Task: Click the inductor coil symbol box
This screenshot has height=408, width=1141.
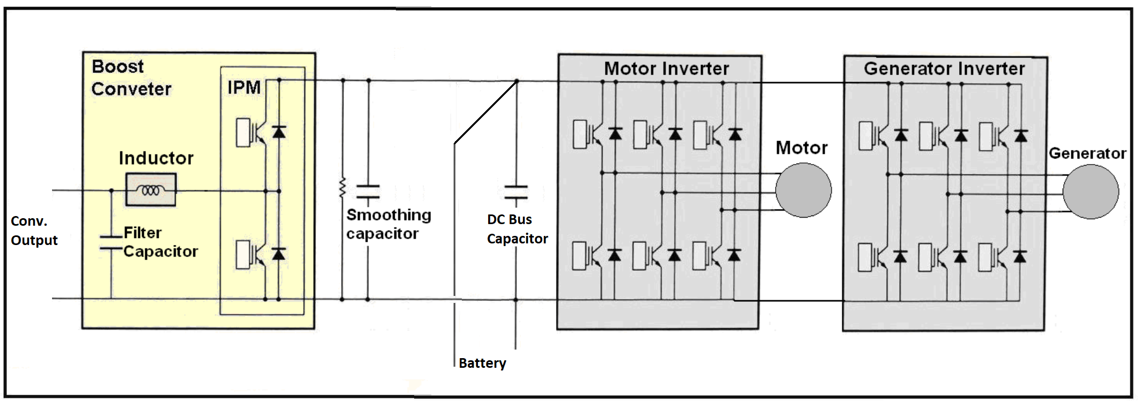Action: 151,190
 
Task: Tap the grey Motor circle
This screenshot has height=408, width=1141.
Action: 803,190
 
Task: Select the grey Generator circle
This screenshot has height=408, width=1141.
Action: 1091,191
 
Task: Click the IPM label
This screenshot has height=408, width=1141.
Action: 244,87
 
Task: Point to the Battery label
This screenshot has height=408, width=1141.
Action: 482,363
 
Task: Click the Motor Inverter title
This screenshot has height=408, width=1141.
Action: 666,69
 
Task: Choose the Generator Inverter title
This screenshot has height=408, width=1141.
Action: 944,69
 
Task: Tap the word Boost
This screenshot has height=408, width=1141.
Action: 118,66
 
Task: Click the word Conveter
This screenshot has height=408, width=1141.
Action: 131,89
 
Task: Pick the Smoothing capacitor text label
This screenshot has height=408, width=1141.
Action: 389,224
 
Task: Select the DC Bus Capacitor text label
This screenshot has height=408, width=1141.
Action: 517,229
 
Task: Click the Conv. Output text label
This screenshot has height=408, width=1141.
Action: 34,231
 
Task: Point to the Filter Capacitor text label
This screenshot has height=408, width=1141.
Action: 160,242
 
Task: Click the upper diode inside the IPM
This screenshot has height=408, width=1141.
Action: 278,131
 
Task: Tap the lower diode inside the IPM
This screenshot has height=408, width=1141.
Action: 278,254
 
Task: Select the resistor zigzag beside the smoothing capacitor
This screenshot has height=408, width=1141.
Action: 342,188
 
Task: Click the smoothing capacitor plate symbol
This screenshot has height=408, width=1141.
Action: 368,192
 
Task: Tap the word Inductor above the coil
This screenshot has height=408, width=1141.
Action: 156,158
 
